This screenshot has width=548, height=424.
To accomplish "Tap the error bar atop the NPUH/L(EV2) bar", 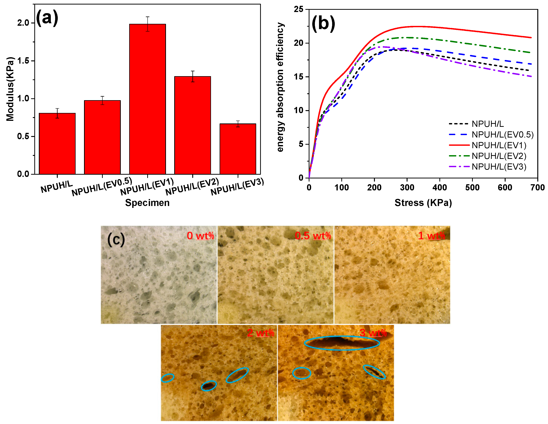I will [x=192, y=76].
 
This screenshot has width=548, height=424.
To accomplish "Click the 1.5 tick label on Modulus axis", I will [x=23, y=61].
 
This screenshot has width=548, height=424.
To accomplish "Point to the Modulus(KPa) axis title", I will [x=10, y=89].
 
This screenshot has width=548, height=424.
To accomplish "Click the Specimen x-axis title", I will [x=147, y=203].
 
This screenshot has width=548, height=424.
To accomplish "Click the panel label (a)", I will [x=47, y=18].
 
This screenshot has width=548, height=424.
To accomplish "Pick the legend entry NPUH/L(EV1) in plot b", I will [x=499, y=145].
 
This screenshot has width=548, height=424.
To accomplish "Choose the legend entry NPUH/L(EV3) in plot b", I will [x=499, y=167].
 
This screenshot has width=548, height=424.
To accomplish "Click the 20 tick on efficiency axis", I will [x=299, y=43].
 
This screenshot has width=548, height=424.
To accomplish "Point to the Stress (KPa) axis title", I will [x=423, y=203].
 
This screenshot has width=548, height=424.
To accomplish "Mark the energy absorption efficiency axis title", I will [x=280, y=87].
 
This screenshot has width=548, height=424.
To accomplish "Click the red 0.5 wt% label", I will [x=313, y=236].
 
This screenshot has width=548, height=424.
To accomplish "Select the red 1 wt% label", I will [x=431, y=236].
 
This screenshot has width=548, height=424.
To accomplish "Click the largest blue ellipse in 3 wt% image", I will [x=342, y=343].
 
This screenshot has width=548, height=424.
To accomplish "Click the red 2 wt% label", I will [x=260, y=333].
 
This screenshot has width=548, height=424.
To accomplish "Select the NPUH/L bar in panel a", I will [x=57, y=144].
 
